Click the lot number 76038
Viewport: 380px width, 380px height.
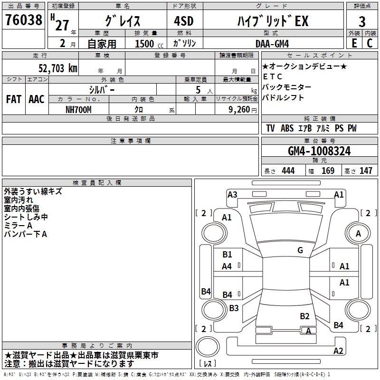tap(24, 19)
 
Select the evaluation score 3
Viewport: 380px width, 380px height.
tap(362, 21)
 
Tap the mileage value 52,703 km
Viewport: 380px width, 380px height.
tap(58, 68)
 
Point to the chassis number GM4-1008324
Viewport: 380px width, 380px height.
tap(319, 151)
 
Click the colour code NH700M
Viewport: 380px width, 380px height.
tap(78, 110)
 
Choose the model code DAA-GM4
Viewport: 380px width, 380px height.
tap(272, 44)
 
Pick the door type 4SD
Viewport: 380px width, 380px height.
tap(184, 21)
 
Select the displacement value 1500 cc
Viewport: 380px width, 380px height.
tap(149, 44)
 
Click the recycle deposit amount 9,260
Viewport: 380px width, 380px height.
tap(239, 110)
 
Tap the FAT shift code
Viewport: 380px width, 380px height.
tap(14, 99)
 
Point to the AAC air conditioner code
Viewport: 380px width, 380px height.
tap(37, 99)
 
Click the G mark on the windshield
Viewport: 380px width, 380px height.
tap(300, 250)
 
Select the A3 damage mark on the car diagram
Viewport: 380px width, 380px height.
tap(232, 195)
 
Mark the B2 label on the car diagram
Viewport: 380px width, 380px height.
tap(304, 316)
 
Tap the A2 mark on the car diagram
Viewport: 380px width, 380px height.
tap(338, 351)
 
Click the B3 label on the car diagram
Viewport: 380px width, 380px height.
tap(234, 308)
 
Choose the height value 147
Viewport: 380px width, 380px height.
tap(366, 171)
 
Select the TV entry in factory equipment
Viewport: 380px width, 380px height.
tap(270, 128)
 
